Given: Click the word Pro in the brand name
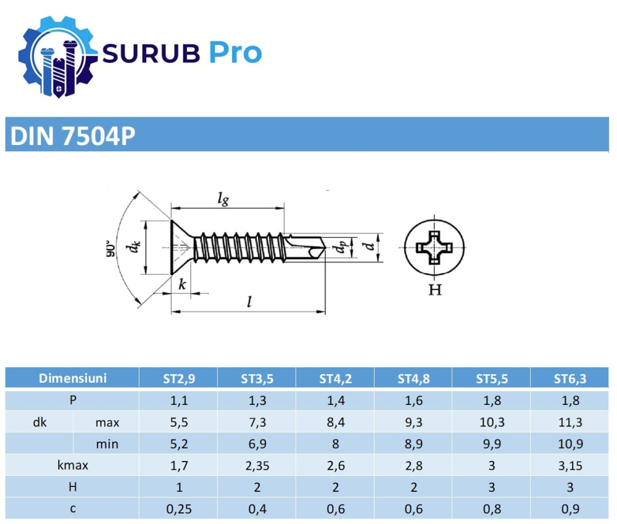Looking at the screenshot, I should pos(234,53).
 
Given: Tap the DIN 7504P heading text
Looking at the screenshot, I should pos(70,136).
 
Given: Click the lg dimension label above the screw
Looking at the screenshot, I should pos(223,198).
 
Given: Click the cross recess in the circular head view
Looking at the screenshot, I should pos(436,249).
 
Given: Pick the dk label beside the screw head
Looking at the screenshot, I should pos(131,247).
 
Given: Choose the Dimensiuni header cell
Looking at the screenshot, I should pos(73,378).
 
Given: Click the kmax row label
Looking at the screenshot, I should pos(73,465).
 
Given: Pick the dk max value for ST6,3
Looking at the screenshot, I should pos(570,423).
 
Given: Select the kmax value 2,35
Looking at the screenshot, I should pos(257,465).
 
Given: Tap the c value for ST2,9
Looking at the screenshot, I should pos(179,509).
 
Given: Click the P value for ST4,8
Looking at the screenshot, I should pos(413,401).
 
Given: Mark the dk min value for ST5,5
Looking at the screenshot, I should pos(492,444).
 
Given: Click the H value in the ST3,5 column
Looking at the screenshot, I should pos(257,488).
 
